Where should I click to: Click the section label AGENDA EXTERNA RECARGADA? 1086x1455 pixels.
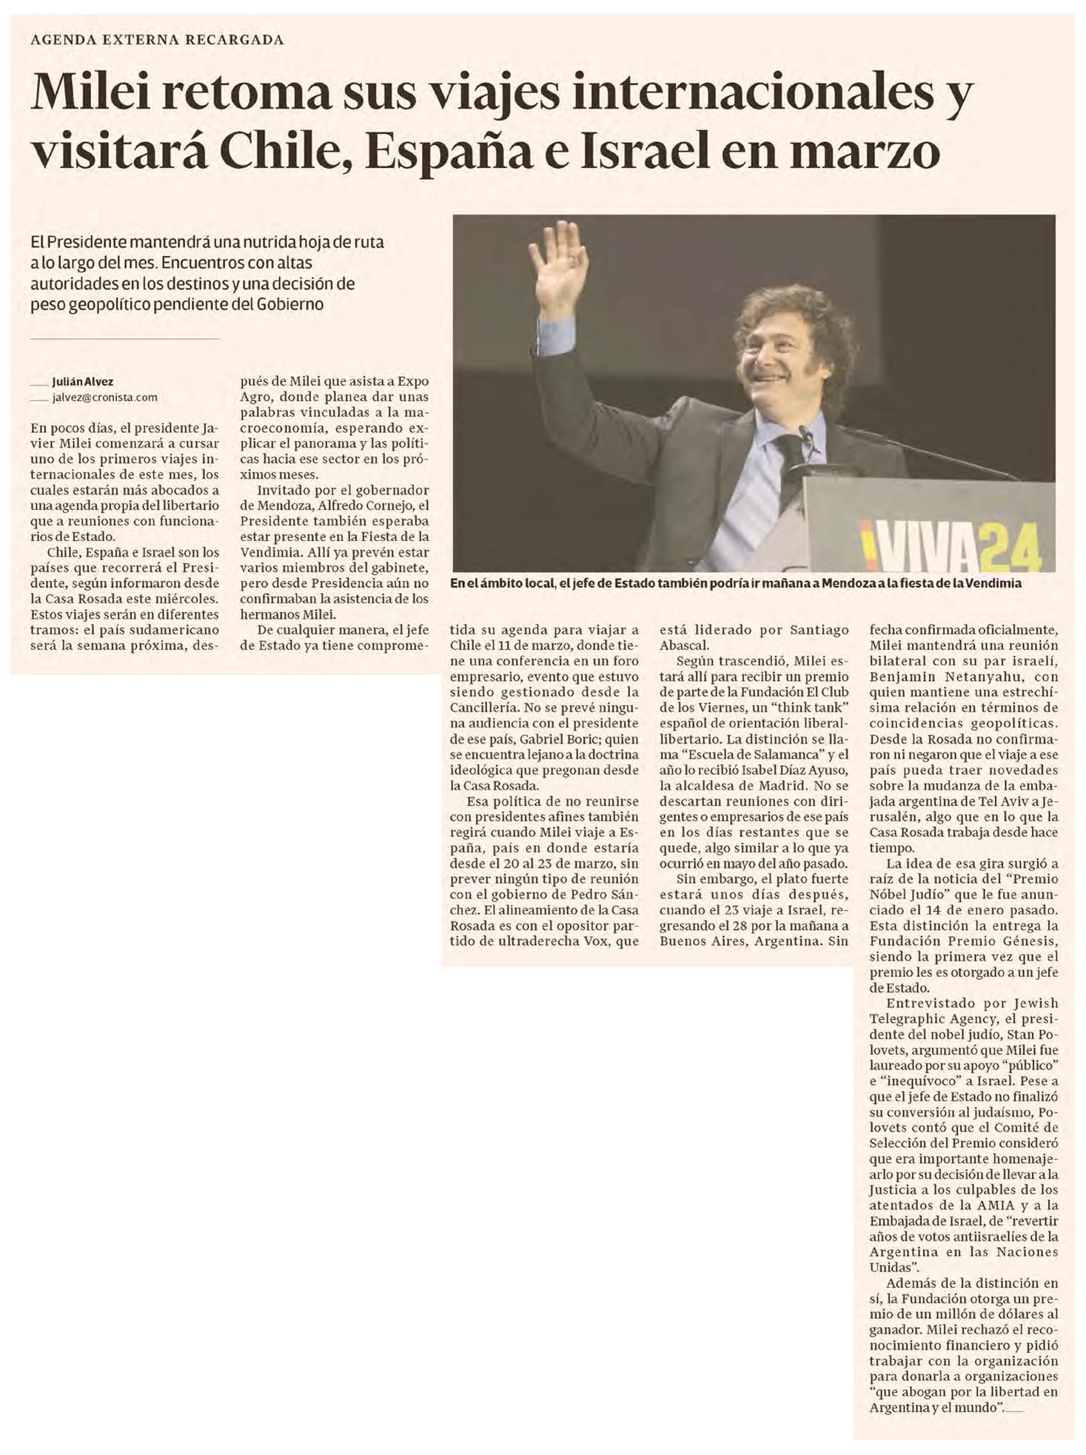157,40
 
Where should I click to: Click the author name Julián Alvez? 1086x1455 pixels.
82,382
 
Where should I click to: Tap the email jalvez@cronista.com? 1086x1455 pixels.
104,397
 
